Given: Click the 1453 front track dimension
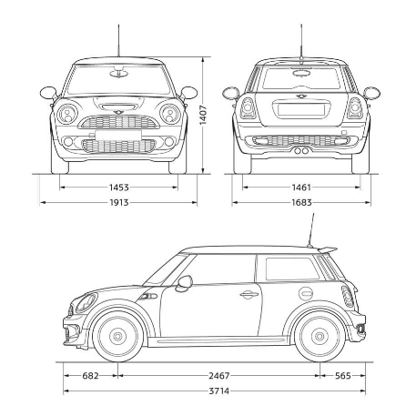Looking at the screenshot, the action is pos(119,188).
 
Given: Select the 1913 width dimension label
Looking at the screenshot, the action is pos(119,202).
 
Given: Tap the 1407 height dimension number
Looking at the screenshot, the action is pos(203,115).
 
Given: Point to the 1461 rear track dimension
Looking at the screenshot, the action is pos(301,188).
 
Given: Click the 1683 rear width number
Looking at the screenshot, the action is pos(301,202).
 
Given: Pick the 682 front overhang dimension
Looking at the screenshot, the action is pos(90,376).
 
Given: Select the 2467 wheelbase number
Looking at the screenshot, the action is pos(219,376).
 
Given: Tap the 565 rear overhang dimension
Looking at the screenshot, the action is pos(343,376).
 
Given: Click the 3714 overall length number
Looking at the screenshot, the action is pos(219,391).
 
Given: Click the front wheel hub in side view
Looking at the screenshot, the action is pos(117,336).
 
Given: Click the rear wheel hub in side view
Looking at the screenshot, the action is pos(320,336).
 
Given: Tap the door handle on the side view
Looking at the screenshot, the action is pos(249,294).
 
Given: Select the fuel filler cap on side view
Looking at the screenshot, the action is pos(306,293).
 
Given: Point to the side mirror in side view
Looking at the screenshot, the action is pos(184,283).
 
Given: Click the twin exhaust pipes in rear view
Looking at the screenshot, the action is pos(301,150).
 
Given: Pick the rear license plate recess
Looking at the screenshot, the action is pos(301,109).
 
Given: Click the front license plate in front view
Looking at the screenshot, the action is pos(118,135).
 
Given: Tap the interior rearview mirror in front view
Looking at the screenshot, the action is pos(117,73).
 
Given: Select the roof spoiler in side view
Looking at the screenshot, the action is pos(327,250).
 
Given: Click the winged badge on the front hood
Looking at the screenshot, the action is pos(117,113).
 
